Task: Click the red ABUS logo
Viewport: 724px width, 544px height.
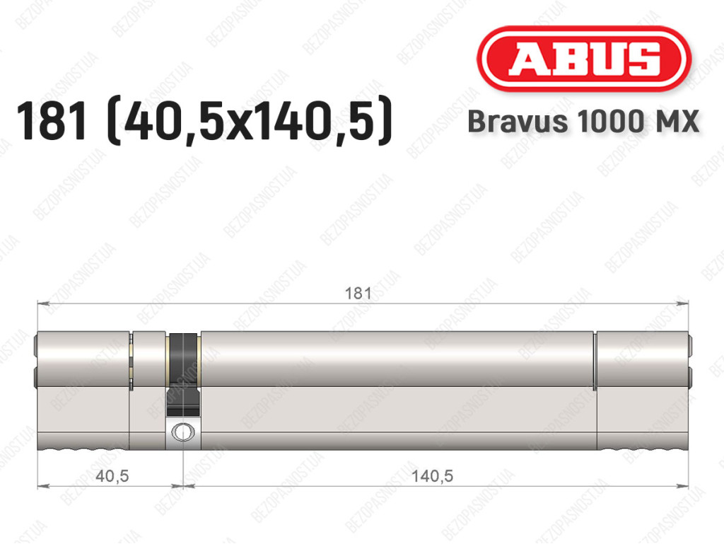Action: coord(583,59)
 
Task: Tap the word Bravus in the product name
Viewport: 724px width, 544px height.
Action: coord(518,122)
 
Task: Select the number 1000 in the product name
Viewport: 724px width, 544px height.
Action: coord(609,122)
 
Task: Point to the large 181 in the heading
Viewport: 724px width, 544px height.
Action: coord(52,121)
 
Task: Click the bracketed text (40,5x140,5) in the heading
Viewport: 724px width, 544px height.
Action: coord(250,121)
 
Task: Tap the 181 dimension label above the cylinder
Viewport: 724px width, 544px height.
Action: coord(358,294)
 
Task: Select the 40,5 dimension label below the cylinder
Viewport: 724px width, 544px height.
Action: coord(112,475)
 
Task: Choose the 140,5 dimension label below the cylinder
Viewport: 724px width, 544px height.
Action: coord(432,475)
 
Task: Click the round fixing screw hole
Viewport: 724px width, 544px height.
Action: coord(183,433)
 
